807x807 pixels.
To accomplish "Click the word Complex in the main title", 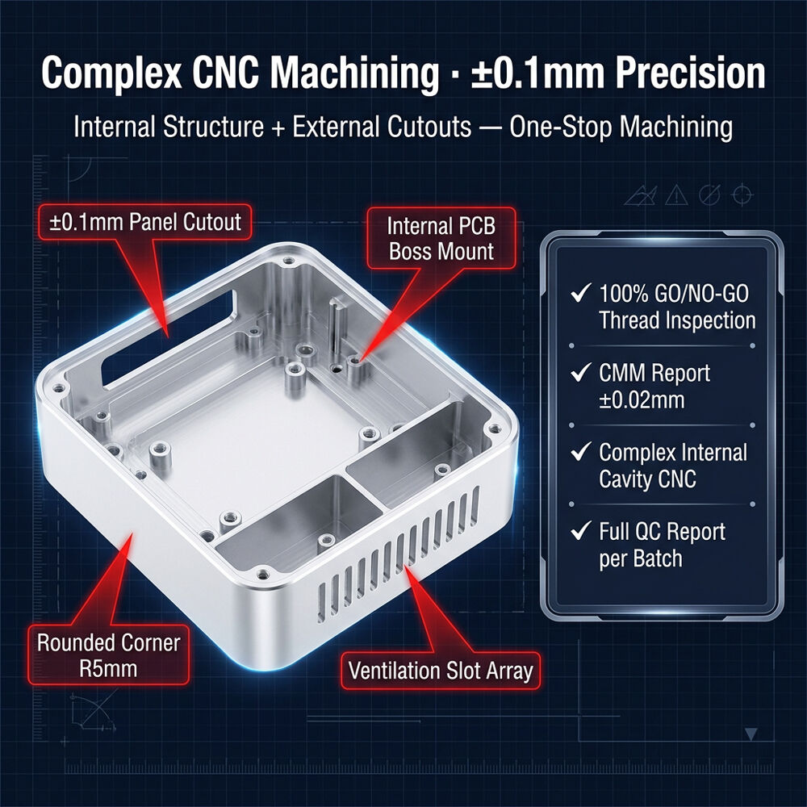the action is point(111,73).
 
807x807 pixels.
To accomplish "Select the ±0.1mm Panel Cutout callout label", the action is point(145,223).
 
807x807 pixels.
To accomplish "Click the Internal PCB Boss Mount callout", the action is point(441,238).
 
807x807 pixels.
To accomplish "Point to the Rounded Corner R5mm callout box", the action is point(109,655).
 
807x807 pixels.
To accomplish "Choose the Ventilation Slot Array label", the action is point(441,671).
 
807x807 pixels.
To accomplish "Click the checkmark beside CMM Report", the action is point(580,372).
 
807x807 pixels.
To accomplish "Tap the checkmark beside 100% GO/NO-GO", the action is point(580,293).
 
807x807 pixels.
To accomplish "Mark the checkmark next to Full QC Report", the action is point(580,530).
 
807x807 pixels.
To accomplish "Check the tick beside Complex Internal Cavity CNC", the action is point(580,451).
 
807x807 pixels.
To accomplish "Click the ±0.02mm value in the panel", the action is point(642,400).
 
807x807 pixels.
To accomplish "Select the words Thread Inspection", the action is point(677,320).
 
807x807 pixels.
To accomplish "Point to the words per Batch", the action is point(641,558).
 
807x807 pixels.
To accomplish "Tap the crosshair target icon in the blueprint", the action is point(742,194).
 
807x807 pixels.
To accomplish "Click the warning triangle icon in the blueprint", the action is point(676,195).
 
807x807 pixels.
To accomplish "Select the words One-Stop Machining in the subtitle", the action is point(621,128).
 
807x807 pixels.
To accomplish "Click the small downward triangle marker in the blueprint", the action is point(751,734).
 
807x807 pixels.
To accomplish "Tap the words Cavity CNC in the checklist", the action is point(647,479).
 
